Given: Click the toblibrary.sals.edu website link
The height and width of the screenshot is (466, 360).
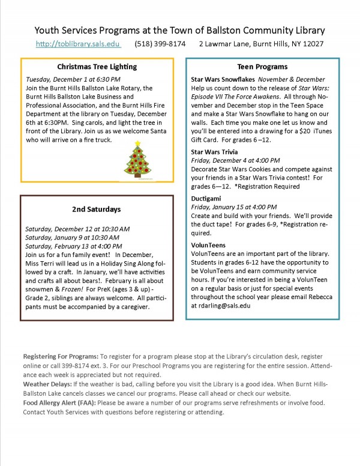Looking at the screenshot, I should click(78, 44).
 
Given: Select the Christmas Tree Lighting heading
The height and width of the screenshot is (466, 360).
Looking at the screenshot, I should click(97, 67).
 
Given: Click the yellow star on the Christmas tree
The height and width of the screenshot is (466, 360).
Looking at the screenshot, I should click(139, 143).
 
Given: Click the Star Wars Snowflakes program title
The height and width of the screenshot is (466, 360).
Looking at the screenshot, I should click(223, 79).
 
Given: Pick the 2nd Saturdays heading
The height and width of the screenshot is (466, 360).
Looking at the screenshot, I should click(97, 209).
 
